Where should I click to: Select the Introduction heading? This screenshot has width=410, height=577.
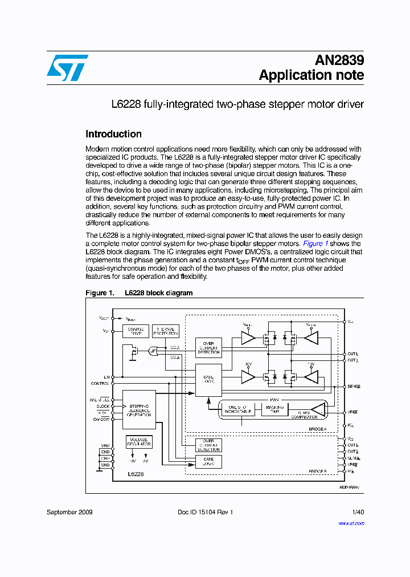(113, 134)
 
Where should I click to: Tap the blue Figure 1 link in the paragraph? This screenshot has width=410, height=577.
(315, 243)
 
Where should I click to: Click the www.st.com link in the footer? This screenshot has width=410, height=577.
(353, 522)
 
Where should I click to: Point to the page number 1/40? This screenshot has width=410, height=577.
(358, 512)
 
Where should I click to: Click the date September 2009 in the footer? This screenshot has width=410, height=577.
(69, 512)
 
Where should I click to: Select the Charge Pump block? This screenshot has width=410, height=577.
(136, 331)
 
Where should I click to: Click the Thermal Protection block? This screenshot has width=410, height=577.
(166, 331)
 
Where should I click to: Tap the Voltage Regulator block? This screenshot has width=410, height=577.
(139, 442)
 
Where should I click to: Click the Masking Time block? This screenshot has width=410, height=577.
(275, 409)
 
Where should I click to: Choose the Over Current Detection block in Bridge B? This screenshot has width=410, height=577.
(208, 445)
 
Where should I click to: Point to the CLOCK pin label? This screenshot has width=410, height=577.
(103, 406)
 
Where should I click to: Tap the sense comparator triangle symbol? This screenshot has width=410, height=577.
(319, 409)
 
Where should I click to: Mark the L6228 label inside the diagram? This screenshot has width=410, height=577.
(136, 474)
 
